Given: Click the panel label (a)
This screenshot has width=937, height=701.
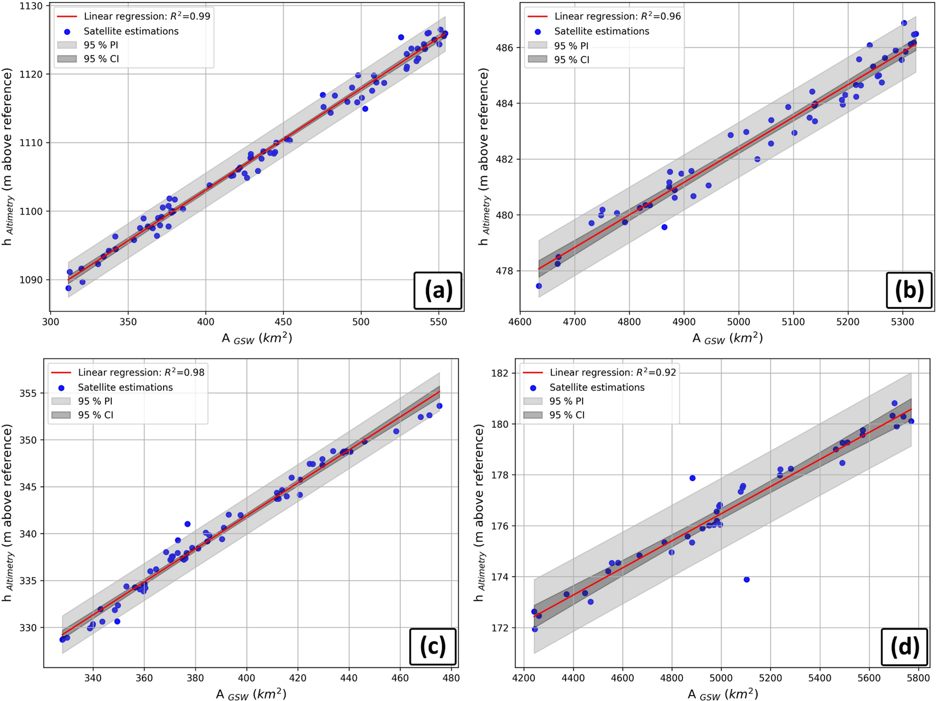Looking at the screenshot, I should [438, 290].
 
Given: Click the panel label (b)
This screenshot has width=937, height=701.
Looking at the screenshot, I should [909, 290].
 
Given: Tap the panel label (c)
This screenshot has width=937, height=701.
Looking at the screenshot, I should [432, 647].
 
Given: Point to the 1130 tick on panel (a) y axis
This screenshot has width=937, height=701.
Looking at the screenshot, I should [31, 6].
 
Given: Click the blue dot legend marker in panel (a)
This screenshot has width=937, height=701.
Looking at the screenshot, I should [67, 32].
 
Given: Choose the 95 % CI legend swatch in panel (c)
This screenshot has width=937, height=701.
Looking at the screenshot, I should [61, 415].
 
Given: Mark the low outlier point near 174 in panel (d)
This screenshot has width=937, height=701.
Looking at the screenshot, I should [747, 580].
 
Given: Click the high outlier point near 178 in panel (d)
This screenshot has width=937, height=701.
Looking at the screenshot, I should [692, 478].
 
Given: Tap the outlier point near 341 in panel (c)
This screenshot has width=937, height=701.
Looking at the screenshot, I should [188, 524].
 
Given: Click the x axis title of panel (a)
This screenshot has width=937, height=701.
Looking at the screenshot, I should [257, 338].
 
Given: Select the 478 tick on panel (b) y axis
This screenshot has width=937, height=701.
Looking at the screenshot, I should [503, 271].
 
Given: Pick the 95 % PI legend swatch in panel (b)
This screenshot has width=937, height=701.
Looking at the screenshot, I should [537, 46].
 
